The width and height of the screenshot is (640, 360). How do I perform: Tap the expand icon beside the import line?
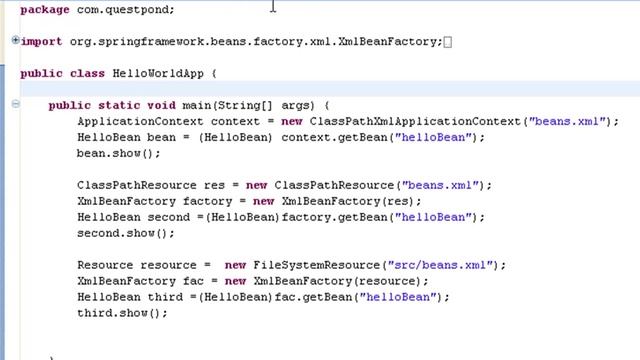click(x=15, y=41)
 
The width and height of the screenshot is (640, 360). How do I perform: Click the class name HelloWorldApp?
click(x=159, y=73)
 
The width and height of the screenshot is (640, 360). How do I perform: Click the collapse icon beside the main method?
click(x=15, y=105)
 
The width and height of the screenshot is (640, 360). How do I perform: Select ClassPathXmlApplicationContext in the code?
click(x=416, y=121)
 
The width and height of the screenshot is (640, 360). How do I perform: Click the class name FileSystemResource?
click(x=314, y=265)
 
